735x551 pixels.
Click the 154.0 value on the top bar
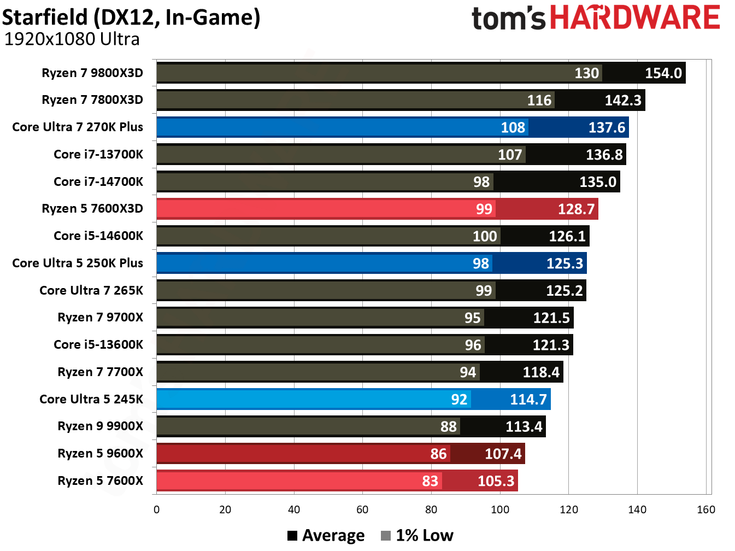663,73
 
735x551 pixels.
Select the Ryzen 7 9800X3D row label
92,73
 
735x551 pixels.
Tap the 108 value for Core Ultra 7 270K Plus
513,127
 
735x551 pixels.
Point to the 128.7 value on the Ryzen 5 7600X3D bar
575,209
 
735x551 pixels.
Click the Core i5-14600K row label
98,236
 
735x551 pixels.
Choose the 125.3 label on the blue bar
565,263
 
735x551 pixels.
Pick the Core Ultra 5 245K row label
91,399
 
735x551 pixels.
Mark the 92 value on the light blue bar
459,400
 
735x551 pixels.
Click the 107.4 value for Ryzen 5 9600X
503,454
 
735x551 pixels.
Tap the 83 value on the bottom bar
430,481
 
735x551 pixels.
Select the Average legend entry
326,536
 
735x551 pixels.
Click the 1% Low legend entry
418,536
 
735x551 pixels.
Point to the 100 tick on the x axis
499,510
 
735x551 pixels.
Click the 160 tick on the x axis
705,510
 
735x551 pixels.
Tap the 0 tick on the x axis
157,510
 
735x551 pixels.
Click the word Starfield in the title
45,17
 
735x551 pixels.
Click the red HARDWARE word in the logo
634,17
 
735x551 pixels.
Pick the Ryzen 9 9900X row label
100,426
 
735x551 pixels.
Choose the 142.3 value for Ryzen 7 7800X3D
622,101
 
